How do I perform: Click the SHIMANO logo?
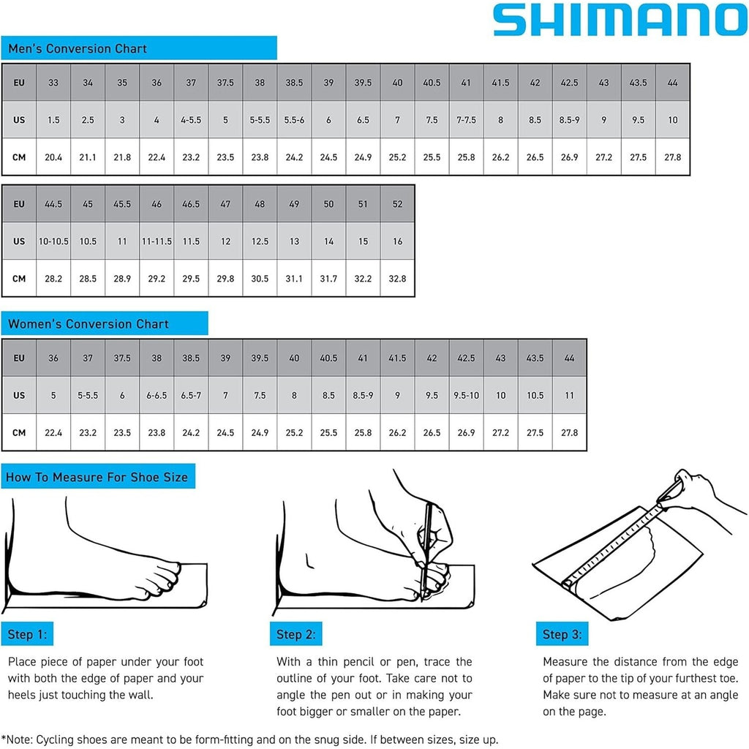pyautogui.click(x=620, y=20)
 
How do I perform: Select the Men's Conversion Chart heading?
pyautogui.click(x=78, y=49)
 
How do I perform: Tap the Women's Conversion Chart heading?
pyautogui.click(x=88, y=324)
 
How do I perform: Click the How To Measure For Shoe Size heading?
pyautogui.click(x=97, y=478)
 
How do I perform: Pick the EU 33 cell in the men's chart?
pyautogui.click(x=53, y=83)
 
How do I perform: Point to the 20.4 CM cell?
pyautogui.click(x=53, y=157)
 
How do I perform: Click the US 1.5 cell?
pyautogui.click(x=53, y=120)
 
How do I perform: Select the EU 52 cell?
pyautogui.click(x=397, y=204)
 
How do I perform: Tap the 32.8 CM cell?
pyautogui.click(x=397, y=279)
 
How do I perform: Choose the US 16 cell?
pyautogui.click(x=397, y=241)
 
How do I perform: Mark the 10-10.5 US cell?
pyautogui.click(x=53, y=241)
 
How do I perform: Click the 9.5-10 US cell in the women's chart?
pyautogui.click(x=466, y=396)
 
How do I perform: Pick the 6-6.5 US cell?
pyautogui.click(x=157, y=396)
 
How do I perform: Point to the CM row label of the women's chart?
pyautogui.click(x=19, y=433)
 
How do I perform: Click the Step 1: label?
pyautogui.click(x=27, y=634)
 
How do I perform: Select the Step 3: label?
pyautogui.click(x=562, y=634)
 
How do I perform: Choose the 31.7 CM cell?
pyautogui.click(x=328, y=279)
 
